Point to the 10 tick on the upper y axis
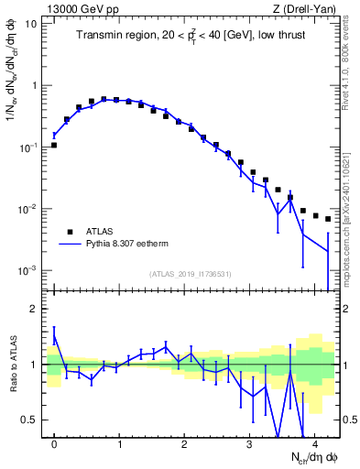tap(31, 24)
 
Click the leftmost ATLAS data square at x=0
tap(54, 145)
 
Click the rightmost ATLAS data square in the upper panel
tap(328, 219)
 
